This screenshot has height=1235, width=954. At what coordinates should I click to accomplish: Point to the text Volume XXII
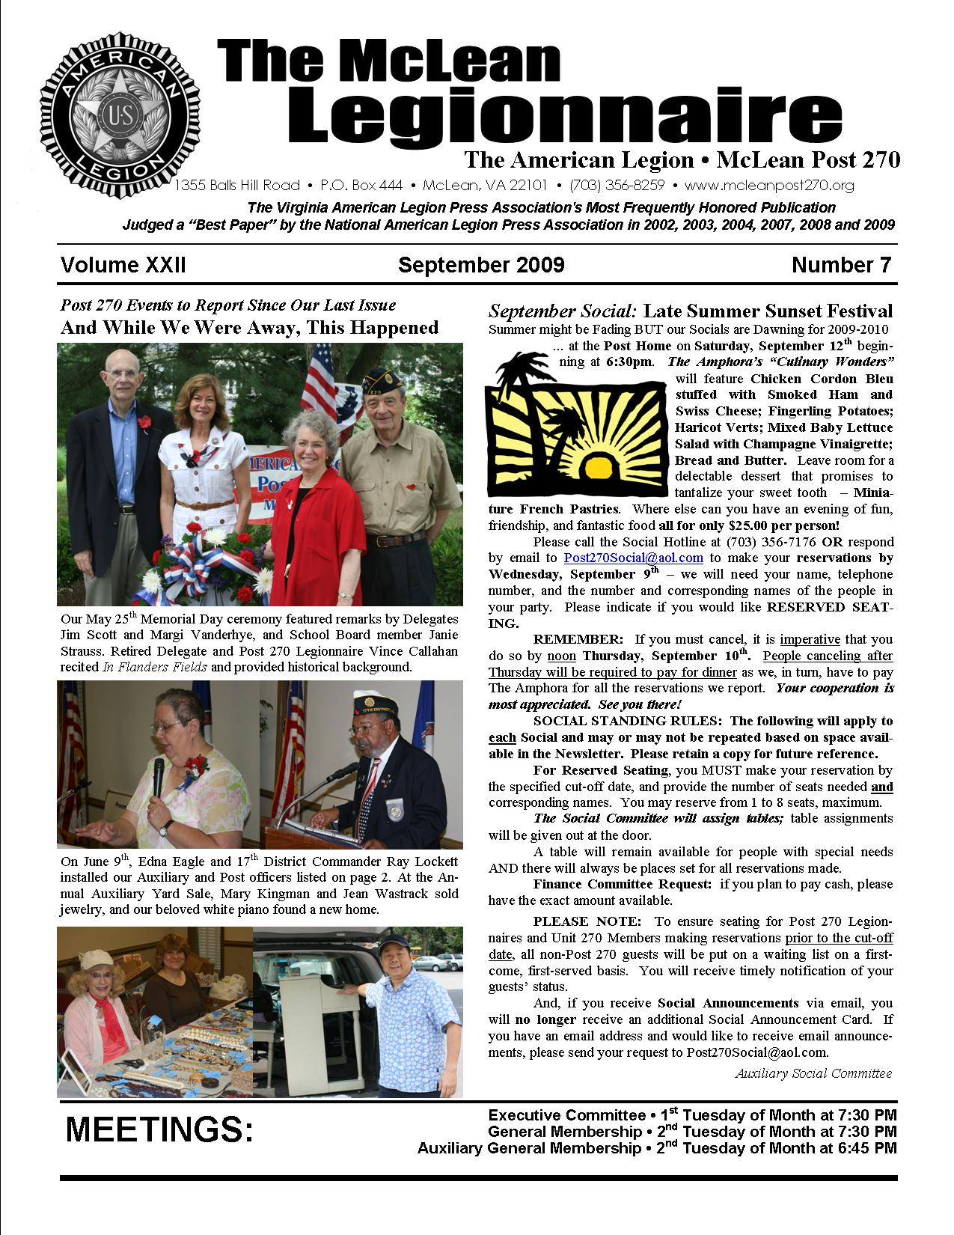pos(123,265)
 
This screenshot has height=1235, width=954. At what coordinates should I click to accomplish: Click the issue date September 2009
pos(481,265)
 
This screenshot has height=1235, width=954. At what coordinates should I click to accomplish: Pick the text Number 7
pos(842,265)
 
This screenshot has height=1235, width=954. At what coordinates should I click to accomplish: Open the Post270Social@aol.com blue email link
pos(633,558)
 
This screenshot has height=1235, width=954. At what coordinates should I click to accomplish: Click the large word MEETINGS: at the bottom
pos(159,1130)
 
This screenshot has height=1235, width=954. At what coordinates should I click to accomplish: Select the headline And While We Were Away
pos(249,328)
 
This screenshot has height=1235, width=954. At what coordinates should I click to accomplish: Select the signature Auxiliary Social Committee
pos(813,1073)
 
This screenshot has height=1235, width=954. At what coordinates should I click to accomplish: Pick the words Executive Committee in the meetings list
pos(566,1115)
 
